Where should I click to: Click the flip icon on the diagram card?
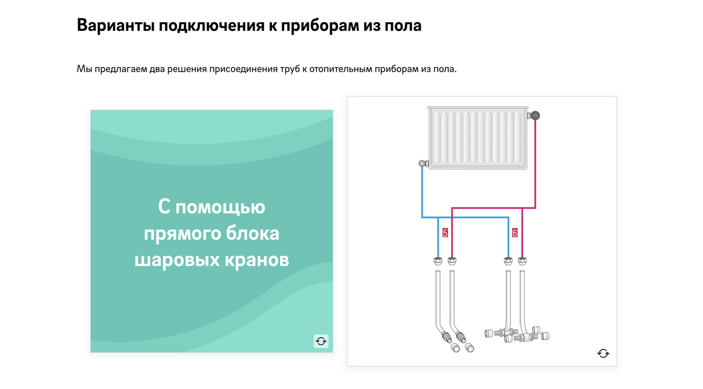click(603, 353)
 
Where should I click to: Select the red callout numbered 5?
click(445, 233)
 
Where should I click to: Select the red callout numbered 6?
click(515, 233)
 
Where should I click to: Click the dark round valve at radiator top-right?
click(535, 116)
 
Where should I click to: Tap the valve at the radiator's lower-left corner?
click(423, 164)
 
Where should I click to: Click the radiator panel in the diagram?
click(477, 138)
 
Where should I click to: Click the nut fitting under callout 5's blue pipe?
click(438, 261)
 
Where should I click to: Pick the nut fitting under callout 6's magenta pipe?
click(522, 261)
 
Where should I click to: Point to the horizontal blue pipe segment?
click(473, 217)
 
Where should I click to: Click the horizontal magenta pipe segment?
click(487, 208)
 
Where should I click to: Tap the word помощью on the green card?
click(220, 207)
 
